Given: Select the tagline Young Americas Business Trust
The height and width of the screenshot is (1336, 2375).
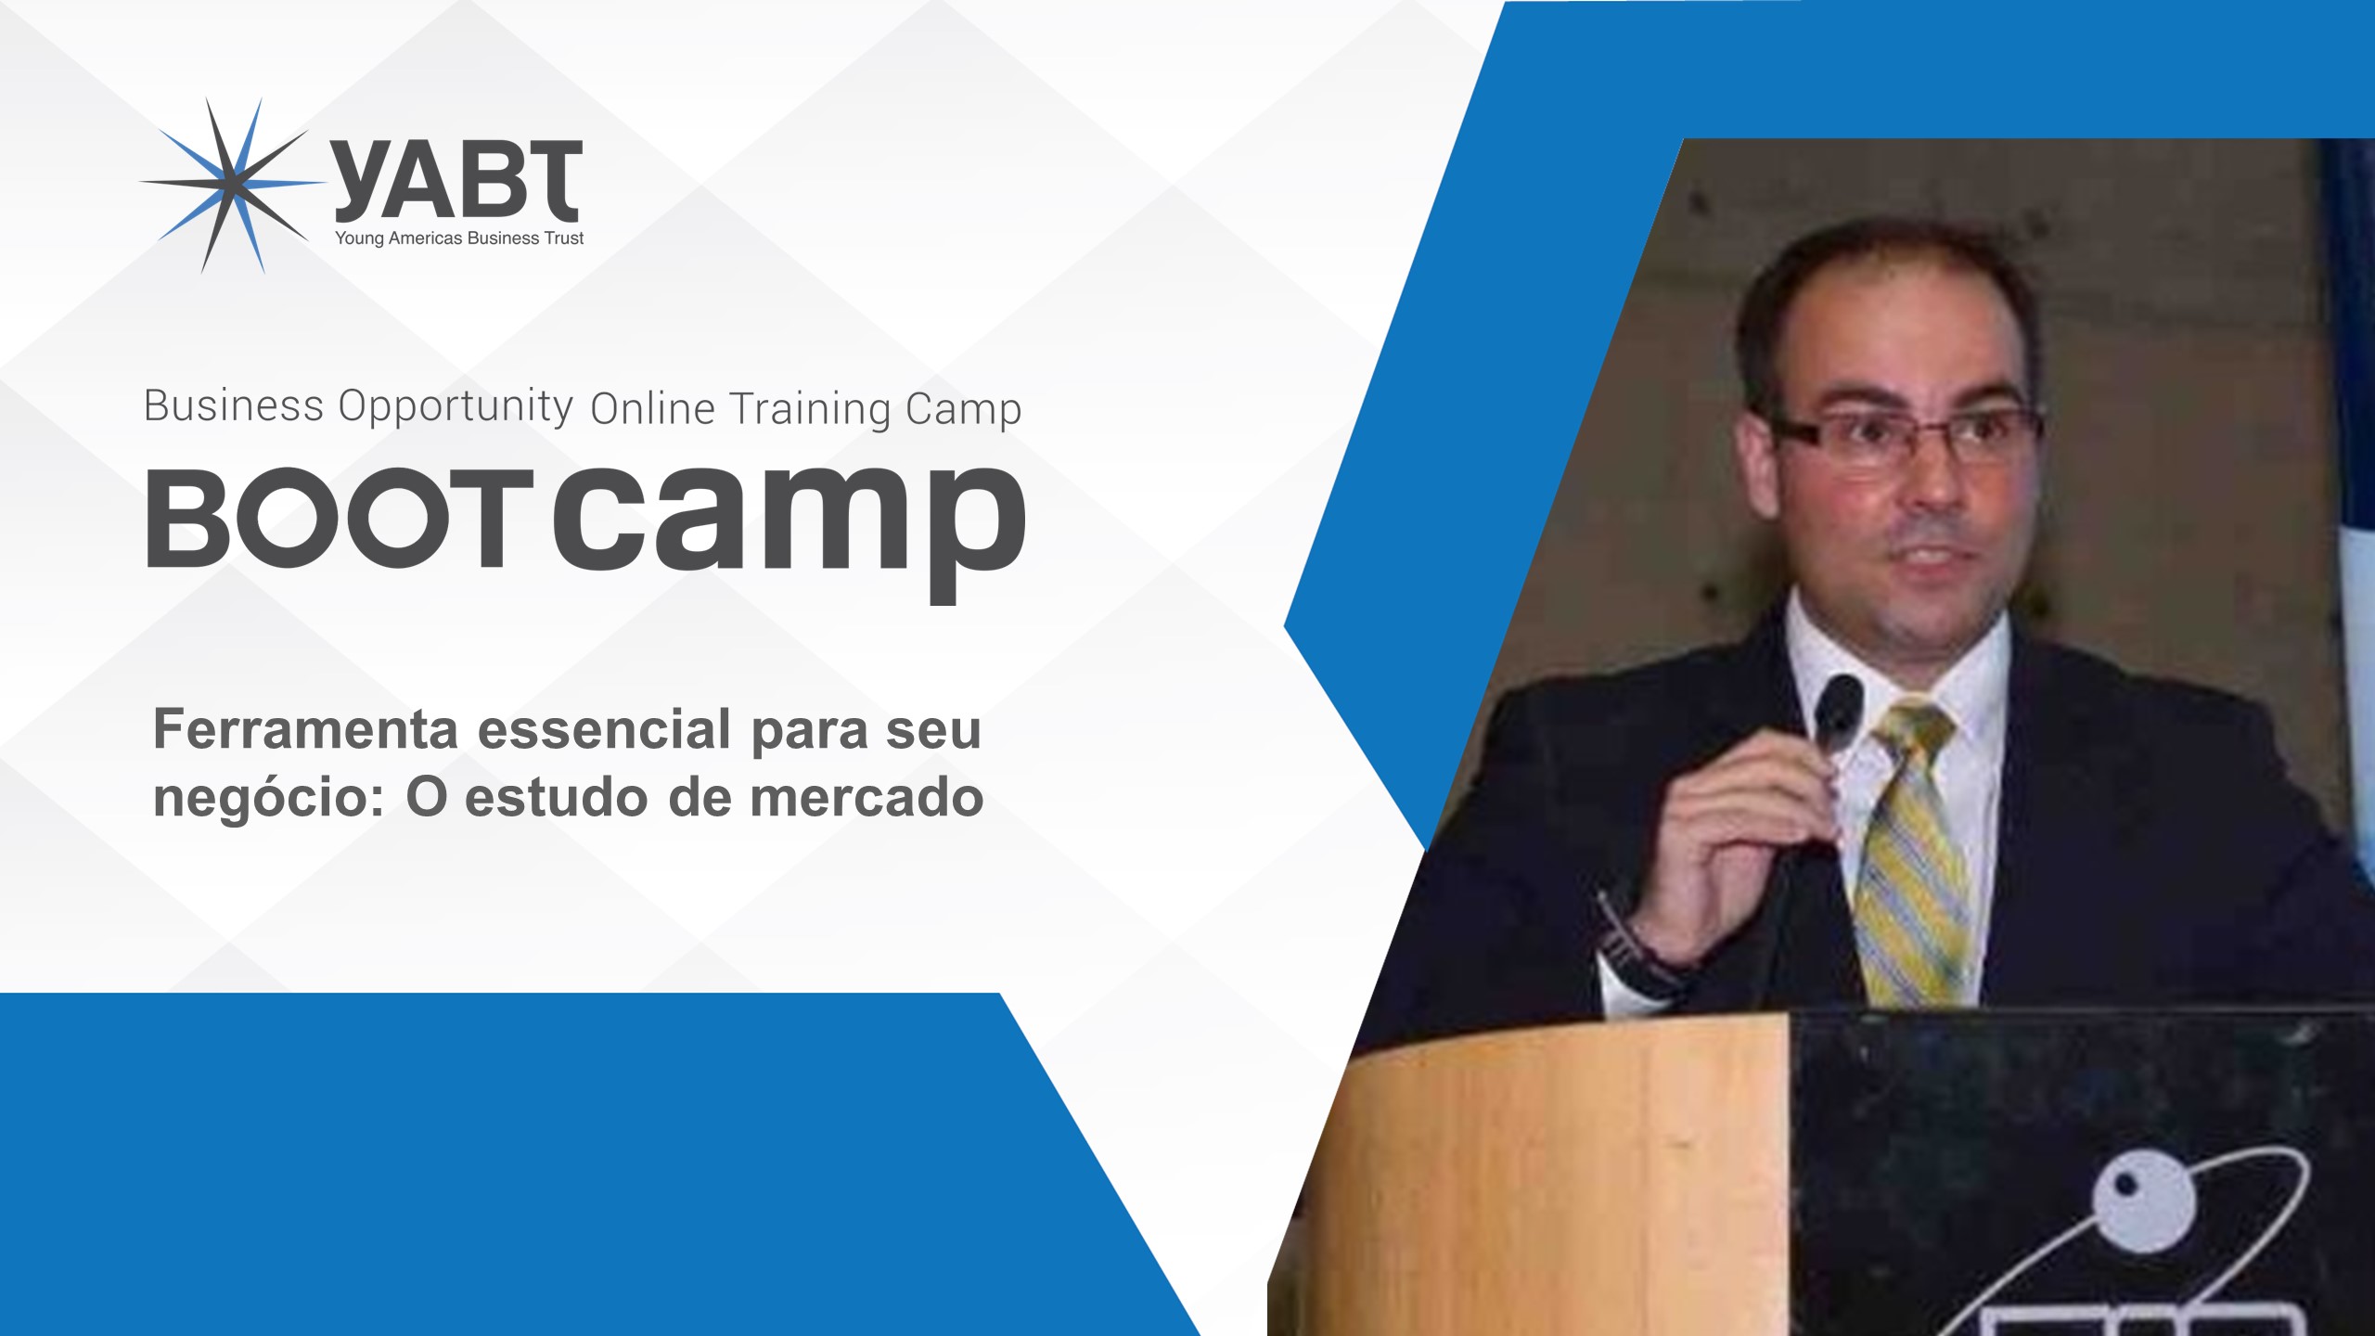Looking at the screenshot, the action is [459, 238].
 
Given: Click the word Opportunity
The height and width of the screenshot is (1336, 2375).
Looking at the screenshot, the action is [456, 407].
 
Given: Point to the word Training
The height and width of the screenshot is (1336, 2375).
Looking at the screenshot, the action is [809, 409].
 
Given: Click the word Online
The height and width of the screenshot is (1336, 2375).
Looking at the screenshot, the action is [652, 409].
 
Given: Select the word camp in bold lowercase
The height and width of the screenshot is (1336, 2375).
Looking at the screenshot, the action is [790, 530].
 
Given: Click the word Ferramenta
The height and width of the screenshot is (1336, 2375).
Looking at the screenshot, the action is [305, 729].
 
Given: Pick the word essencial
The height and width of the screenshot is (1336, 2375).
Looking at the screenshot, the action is [604, 729].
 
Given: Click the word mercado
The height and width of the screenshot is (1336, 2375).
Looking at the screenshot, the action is [867, 798].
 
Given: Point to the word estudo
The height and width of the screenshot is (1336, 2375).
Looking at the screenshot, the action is [556, 798].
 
